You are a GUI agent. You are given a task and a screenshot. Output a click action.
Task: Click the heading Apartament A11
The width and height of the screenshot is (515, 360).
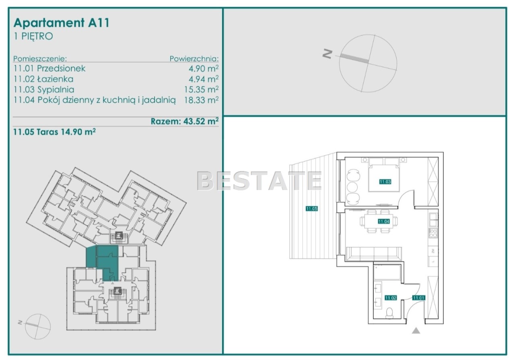pos(62,23)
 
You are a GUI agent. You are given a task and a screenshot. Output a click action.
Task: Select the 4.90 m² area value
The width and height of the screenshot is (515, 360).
pos(204,68)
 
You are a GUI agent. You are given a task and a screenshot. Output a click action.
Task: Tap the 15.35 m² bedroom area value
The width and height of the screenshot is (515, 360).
pos(201,89)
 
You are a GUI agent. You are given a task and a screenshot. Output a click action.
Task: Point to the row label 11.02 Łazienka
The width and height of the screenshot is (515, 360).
pos(43,79)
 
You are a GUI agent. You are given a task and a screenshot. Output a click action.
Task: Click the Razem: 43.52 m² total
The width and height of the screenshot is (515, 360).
pos(185,121)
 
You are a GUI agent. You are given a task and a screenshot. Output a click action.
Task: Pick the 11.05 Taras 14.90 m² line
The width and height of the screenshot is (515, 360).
pos(54,132)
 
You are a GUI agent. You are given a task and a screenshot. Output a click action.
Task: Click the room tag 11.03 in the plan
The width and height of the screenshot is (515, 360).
pos(385,182)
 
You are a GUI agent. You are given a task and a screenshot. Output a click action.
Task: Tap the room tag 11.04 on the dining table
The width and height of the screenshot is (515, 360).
pos(384,221)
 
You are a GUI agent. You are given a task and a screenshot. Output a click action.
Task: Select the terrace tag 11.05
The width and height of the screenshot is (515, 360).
pos(312,209)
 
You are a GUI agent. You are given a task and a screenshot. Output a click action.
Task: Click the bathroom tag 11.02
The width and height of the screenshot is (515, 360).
pos(391,298)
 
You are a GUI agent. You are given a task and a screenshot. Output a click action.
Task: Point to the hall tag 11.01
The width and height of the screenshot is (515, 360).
pos(419,298)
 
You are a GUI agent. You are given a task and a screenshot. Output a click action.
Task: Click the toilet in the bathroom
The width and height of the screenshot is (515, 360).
pos(389,313)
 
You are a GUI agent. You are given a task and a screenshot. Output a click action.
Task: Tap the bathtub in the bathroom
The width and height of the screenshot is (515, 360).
pos(387,272)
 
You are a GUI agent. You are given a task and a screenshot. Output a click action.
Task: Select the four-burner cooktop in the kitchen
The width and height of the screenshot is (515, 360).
pos(433,233)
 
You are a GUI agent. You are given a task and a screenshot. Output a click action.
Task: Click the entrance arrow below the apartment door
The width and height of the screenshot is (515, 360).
pos(416,331)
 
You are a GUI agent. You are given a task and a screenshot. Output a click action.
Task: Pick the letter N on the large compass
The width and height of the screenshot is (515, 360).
pos(328,54)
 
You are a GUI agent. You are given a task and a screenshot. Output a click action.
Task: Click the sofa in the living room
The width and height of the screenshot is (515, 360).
pos(374,254)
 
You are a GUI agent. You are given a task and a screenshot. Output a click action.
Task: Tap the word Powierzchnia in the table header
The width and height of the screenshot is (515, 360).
pos(194,59)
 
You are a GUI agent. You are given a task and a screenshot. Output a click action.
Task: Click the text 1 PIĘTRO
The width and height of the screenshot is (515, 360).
pos(33,36)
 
